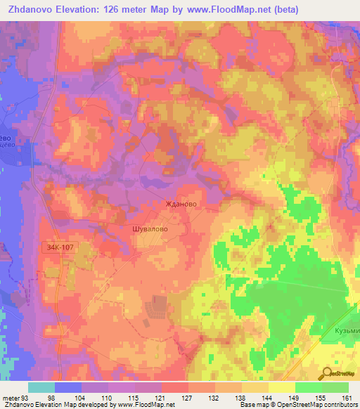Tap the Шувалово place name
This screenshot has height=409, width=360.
tap(150, 228)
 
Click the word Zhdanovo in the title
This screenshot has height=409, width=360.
tap(34, 10)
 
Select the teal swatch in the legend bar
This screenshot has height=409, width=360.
tap(41, 387)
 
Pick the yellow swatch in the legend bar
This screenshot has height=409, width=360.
tap(282, 387)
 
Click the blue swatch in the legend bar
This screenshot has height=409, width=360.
tap(68, 387)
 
